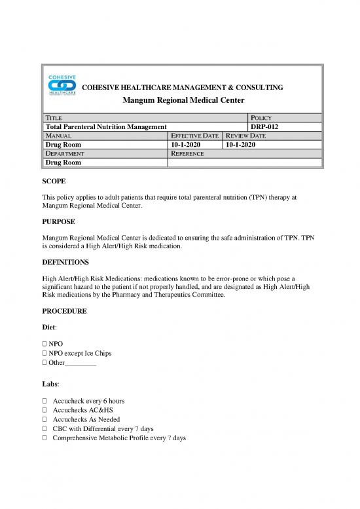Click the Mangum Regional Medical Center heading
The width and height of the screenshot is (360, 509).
[180, 100]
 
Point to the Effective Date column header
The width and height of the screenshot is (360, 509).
[194, 136]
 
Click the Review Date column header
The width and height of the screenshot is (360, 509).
[247, 136]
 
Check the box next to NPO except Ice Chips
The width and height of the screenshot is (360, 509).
[44, 353]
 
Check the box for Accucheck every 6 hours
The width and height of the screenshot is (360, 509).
[44, 400]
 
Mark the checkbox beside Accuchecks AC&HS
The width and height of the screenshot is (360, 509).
[44, 409]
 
